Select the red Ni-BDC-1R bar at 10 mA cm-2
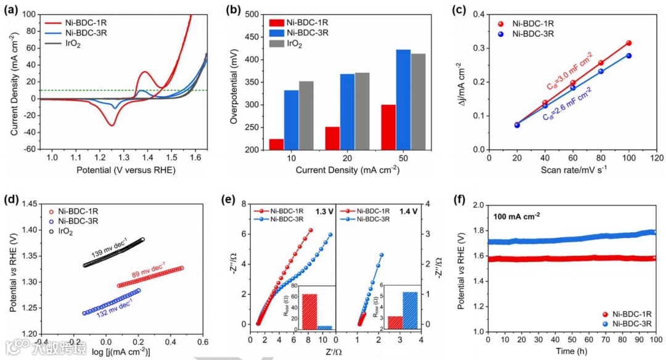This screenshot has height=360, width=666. (277, 144)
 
